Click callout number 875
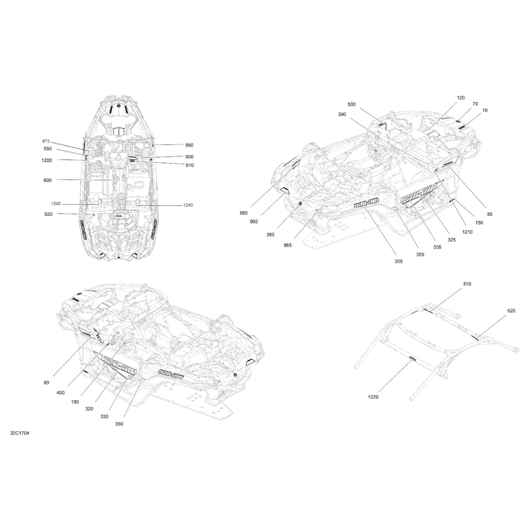pyautogui.click(x=46, y=141)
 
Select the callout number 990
pyautogui.click(x=189, y=145)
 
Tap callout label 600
pyautogui.click(x=47, y=180)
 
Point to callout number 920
pyautogui.click(x=48, y=214)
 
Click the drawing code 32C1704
pyautogui.click(x=20, y=433)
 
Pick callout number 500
pyautogui.click(x=351, y=104)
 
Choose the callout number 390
pyautogui.click(x=342, y=115)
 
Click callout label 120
pyautogui.click(x=461, y=98)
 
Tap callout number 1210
pyautogui.click(x=467, y=232)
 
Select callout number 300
pyautogui.click(x=399, y=261)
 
